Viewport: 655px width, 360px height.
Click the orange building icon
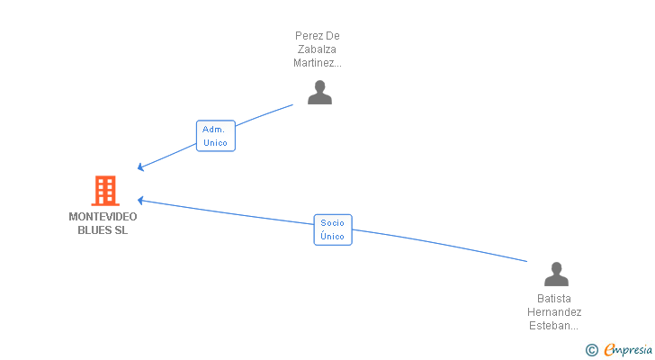point(105,191)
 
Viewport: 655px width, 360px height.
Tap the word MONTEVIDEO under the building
point(103,216)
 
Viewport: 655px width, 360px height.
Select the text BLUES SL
point(103,229)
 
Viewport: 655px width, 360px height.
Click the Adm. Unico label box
point(215,136)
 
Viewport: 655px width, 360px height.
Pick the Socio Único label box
point(333,229)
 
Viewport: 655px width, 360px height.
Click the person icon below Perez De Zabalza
point(319,93)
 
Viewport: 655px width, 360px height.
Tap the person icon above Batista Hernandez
point(557,274)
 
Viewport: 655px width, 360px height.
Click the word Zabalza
point(318,49)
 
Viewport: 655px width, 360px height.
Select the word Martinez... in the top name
point(318,63)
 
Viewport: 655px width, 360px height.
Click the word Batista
point(554,299)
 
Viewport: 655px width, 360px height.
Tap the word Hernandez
point(554,312)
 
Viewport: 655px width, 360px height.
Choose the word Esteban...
point(551,326)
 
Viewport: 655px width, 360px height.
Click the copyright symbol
point(592,350)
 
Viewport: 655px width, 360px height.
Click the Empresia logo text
point(629,349)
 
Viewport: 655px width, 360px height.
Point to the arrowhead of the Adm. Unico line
point(139,168)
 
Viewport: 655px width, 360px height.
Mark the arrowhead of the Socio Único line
point(139,200)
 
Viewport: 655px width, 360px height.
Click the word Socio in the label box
point(333,223)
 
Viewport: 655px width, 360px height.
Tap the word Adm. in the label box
point(214,130)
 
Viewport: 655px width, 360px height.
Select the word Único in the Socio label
point(333,237)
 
